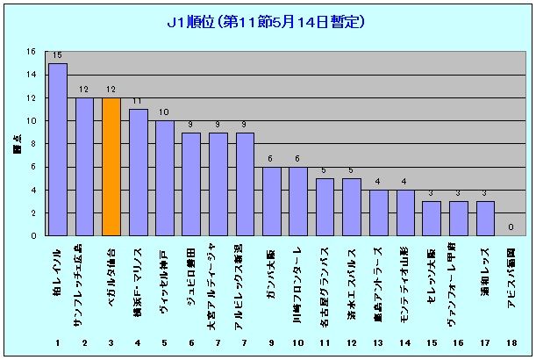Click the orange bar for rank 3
coord(111,167)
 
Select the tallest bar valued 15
coord(58,149)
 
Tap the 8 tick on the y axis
coord(32,144)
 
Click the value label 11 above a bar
coord(138,101)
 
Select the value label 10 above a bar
coord(165,112)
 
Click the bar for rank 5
coord(165,178)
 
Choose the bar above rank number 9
coord(272,201)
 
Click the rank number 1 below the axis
coord(58,341)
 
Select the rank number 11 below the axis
coord(325,341)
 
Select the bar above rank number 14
coord(406,212)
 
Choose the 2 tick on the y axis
coord(32,213)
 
